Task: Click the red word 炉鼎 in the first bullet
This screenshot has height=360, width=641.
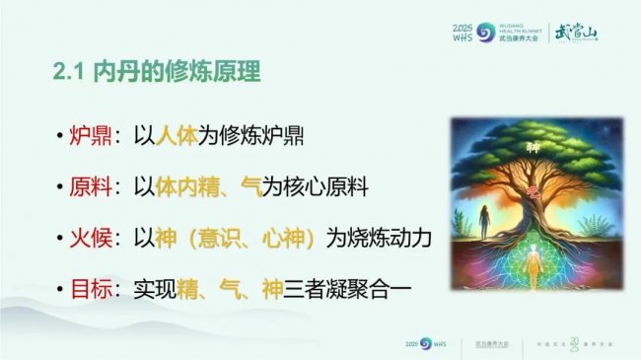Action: point(89,136)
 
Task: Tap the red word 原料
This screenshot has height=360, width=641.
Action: point(89,187)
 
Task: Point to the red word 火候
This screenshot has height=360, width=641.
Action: point(89,239)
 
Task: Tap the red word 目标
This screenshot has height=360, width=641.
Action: point(89,290)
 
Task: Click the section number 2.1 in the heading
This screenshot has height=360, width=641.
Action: point(71,72)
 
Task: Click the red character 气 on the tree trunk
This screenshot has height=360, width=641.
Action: point(534,189)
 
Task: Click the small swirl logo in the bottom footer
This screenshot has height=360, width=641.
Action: point(426,342)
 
